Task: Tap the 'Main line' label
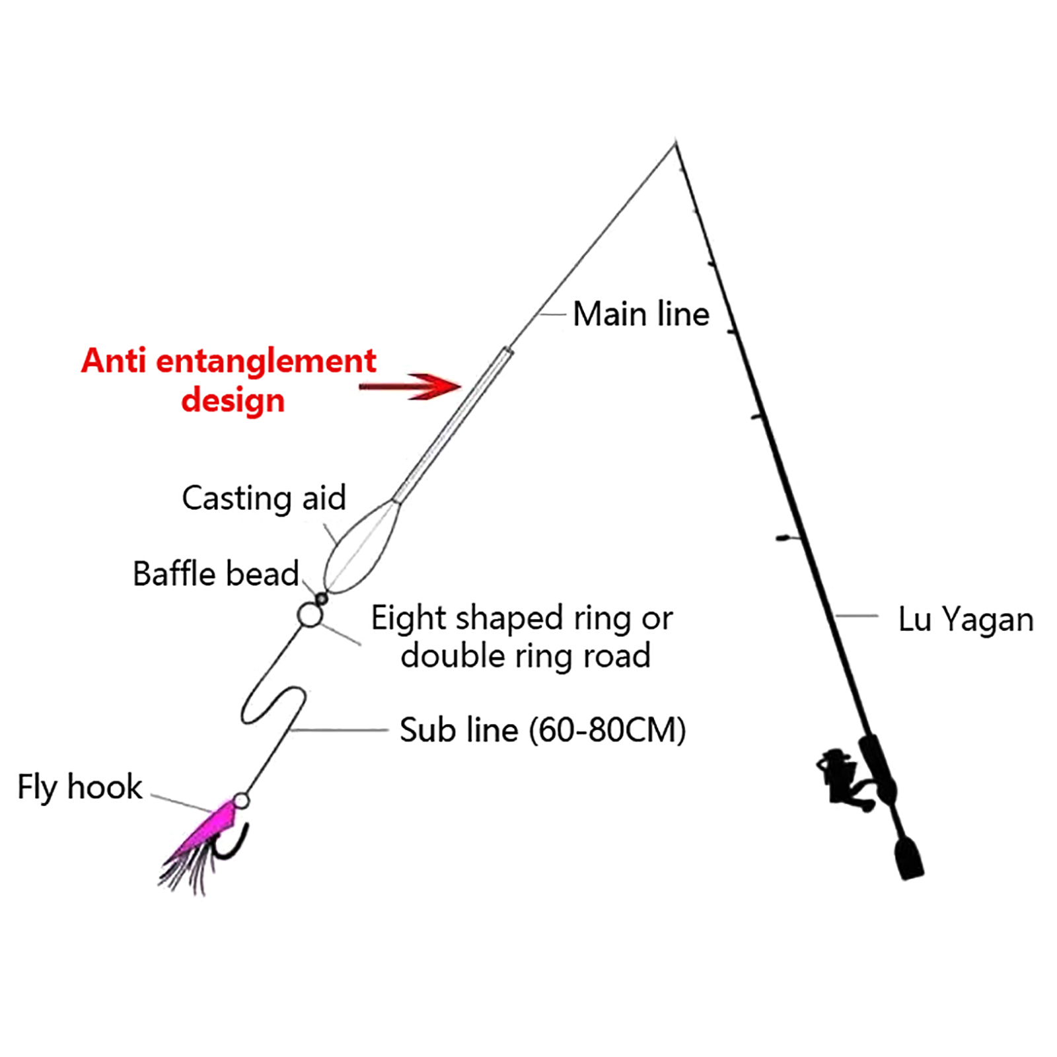(x=641, y=314)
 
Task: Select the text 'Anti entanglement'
(x=229, y=361)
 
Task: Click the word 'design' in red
(x=233, y=400)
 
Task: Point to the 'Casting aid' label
(x=264, y=498)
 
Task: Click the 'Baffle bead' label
(x=215, y=573)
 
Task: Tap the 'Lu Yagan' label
(x=965, y=620)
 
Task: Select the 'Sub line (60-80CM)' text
(x=542, y=730)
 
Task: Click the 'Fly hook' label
(x=80, y=787)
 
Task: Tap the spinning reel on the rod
(x=842, y=777)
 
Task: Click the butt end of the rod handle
(x=910, y=859)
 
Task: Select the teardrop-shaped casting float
(x=362, y=547)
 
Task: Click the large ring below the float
(x=309, y=615)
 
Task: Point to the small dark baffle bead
(x=322, y=599)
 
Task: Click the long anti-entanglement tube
(x=453, y=424)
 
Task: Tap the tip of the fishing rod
(x=675, y=144)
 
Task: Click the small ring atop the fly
(x=241, y=801)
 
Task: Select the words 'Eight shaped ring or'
(x=522, y=618)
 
